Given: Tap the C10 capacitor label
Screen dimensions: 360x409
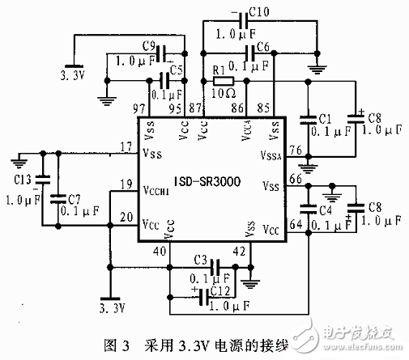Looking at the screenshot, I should pyautogui.click(x=262, y=14).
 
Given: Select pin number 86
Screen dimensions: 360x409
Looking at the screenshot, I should pyautogui.click(x=238, y=108).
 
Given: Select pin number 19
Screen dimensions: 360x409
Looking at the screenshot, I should pyautogui.click(x=125, y=184).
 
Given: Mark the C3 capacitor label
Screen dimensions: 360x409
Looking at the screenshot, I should pyautogui.click(x=203, y=259).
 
